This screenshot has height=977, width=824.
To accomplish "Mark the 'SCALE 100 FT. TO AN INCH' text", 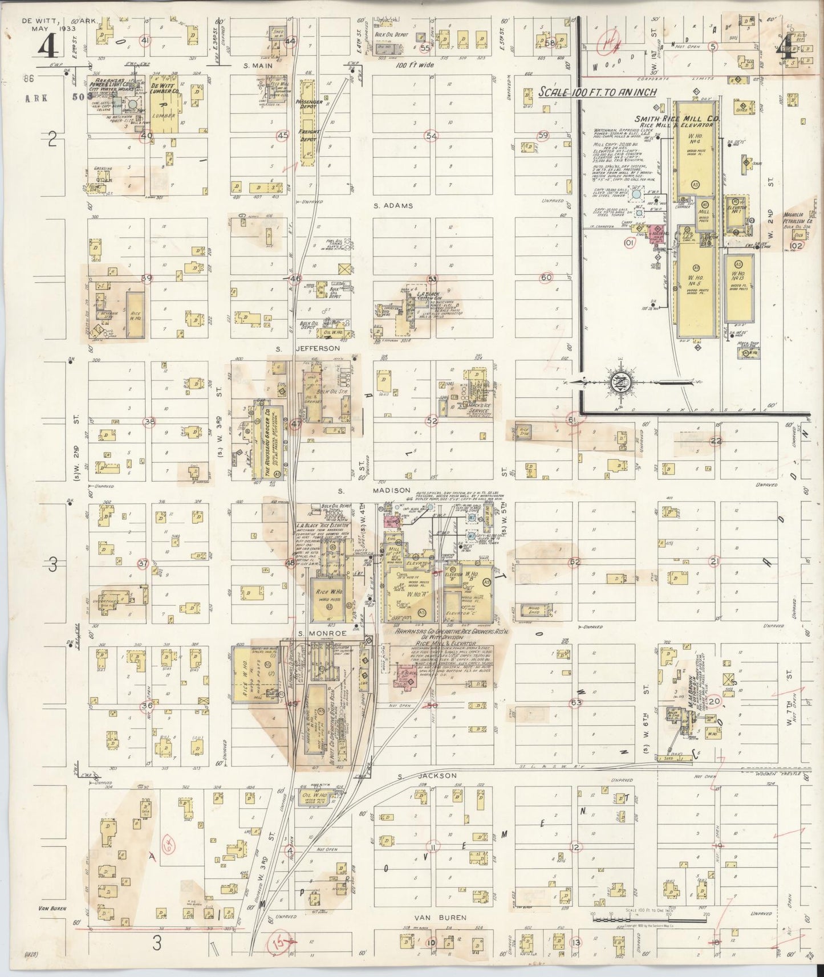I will click(x=598, y=92).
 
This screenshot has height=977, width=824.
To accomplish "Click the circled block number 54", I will click(x=431, y=136).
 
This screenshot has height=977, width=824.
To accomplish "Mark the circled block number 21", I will click(x=713, y=562).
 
